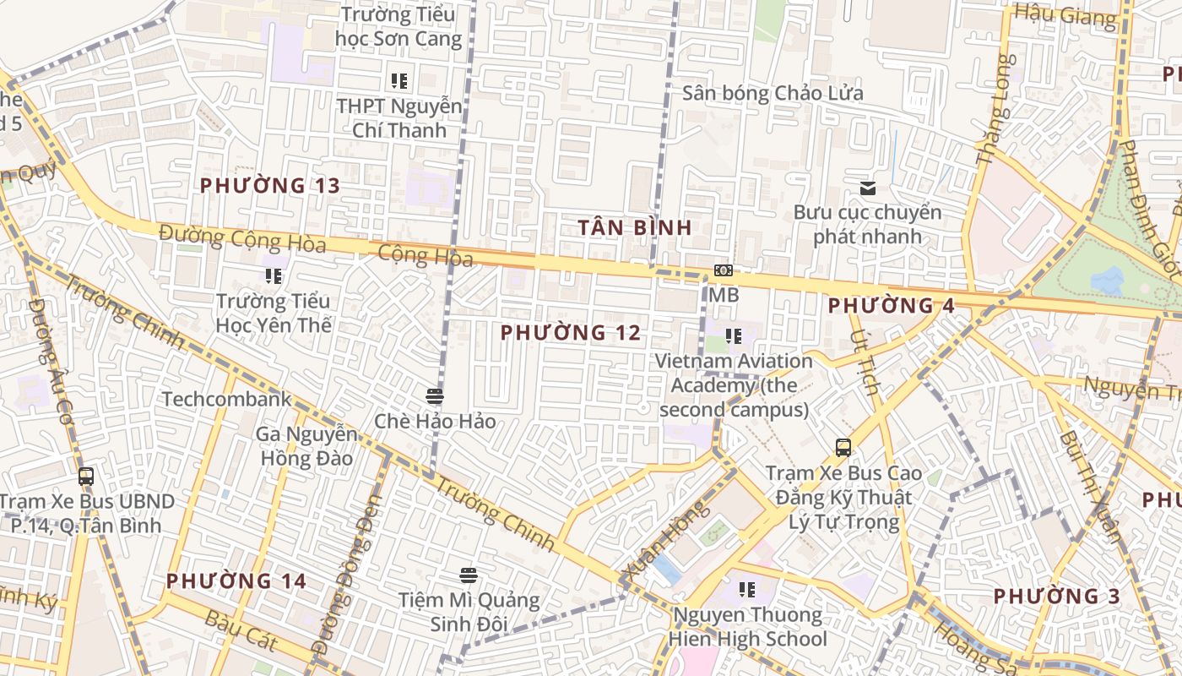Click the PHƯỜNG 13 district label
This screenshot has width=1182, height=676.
269,186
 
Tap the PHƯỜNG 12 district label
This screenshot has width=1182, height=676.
571,333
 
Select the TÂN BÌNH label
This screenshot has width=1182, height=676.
636,227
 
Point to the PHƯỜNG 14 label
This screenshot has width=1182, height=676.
236,581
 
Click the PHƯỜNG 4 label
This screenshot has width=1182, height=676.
892,306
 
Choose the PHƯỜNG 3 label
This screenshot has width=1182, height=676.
1056,597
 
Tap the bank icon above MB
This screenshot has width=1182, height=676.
723,271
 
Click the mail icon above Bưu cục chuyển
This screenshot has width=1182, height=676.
867,188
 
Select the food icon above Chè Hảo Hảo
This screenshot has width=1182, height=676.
435,396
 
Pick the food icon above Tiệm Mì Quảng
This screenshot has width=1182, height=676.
469,576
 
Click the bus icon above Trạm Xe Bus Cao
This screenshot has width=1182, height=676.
843,448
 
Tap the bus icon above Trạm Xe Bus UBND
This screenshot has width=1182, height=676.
86,477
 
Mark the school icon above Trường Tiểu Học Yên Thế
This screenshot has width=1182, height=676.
273,276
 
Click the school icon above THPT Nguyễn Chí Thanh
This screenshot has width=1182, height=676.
399,82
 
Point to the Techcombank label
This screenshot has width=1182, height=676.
226,400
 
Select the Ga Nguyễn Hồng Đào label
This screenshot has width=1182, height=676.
306,446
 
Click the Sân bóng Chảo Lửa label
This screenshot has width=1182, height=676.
773,93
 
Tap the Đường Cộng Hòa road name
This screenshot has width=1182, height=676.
242,238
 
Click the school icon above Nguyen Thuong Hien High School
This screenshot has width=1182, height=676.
746,590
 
